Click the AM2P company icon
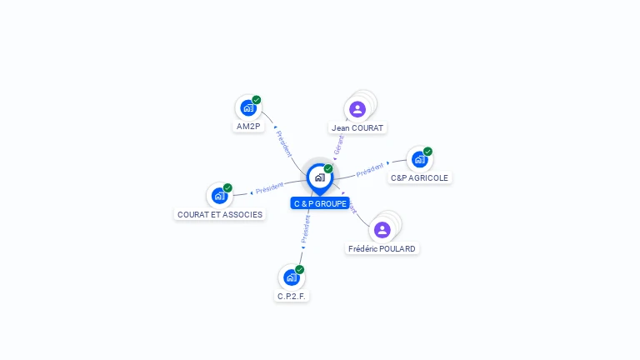click(x=247, y=107)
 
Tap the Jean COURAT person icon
click(x=357, y=109)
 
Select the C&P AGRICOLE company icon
click(x=419, y=158)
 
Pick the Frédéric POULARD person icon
click(x=382, y=229)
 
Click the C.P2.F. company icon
click(x=291, y=277)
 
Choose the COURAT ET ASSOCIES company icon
click(x=218, y=195)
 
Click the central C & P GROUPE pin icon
click(x=319, y=177)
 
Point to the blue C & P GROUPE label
click(x=320, y=203)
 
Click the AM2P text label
click(x=248, y=127)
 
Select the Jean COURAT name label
click(x=357, y=128)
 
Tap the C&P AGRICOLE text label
click(x=419, y=177)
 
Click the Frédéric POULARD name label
click(x=382, y=248)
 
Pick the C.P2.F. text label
click(x=292, y=296)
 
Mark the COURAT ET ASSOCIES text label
click(x=220, y=214)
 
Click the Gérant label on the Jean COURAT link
click(x=338, y=145)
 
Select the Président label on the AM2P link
click(x=283, y=142)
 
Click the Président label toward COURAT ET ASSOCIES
click(x=269, y=188)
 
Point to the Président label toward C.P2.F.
click(x=305, y=229)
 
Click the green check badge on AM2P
click(x=257, y=100)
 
